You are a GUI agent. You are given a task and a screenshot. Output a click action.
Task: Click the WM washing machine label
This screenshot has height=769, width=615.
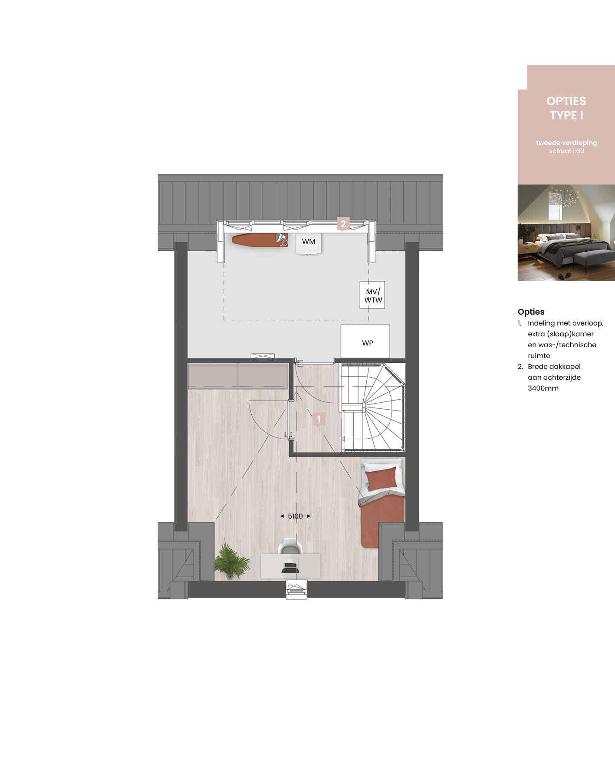tap(309, 242)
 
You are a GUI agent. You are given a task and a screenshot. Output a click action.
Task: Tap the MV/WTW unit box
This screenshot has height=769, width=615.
tap(372, 295)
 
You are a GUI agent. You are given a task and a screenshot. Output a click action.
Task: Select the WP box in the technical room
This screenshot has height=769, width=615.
tap(365, 342)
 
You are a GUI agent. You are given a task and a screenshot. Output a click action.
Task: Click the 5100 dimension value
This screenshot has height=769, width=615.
tap(295, 516)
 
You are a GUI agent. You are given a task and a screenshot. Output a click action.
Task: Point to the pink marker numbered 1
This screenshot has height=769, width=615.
tap(319, 419)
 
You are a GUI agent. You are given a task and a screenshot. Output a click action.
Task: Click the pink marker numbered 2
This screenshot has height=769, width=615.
tap(343, 223)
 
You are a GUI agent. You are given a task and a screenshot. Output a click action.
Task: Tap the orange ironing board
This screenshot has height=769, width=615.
tap(260, 240)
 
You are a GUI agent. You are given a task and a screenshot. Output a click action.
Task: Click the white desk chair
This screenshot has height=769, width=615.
tap(290, 546)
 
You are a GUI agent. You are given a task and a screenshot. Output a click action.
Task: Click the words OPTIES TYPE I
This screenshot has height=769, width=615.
tap(566, 108)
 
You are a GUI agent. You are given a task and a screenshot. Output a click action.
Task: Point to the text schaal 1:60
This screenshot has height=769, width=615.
tap(566, 151)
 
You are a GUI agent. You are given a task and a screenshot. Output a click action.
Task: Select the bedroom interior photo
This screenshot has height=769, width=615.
tap(566, 233)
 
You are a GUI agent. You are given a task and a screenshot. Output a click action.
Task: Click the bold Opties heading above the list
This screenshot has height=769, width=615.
tap(531, 312)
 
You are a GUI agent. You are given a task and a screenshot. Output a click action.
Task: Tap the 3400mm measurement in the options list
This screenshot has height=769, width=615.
tap(543, 388)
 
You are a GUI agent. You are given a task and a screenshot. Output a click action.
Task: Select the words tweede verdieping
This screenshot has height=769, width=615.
tap(566, 143)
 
